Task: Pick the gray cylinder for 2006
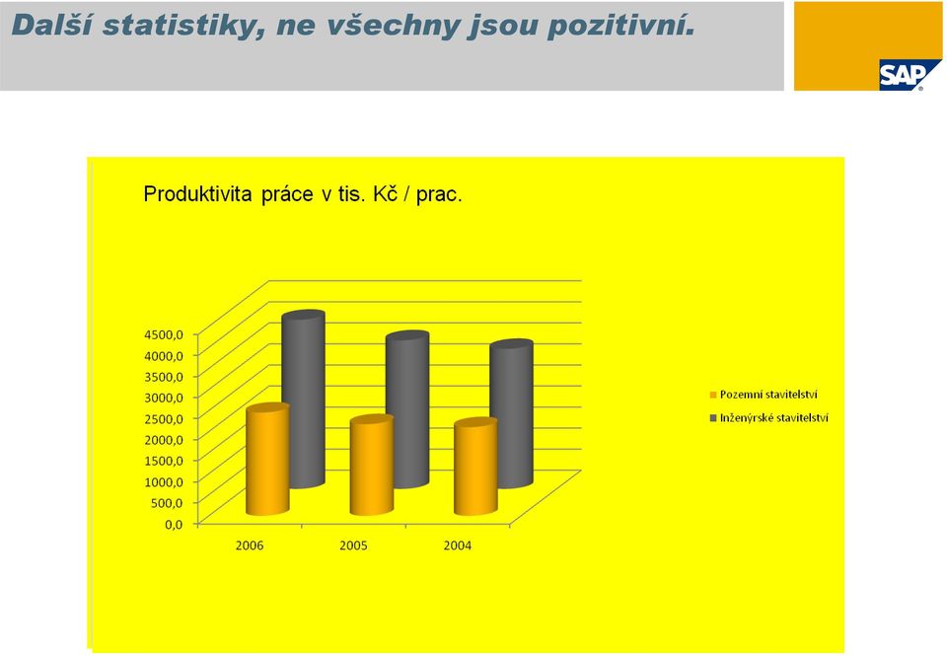click(x=304, y=400)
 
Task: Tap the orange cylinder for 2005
click(x=372, y=466)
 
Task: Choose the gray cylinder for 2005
click(x=407, y=409)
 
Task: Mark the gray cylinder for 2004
click(x=512, y=414)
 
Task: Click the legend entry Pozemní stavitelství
click(x=764, y=395)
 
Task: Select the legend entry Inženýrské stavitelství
click(x=768, y=418)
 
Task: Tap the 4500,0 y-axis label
click(x=163, y=334)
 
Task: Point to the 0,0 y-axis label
click(x=174, y=524)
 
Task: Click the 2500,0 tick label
click(x=163, y=418)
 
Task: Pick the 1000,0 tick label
click(x=163, y=481)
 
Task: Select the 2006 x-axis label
click(x=250, y=546)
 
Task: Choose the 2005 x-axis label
click(x=353, y=546)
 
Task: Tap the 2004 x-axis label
click(x=457, y=546)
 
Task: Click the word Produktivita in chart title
click(x=198, y=194)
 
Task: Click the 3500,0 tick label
click(x=163, y=376)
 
